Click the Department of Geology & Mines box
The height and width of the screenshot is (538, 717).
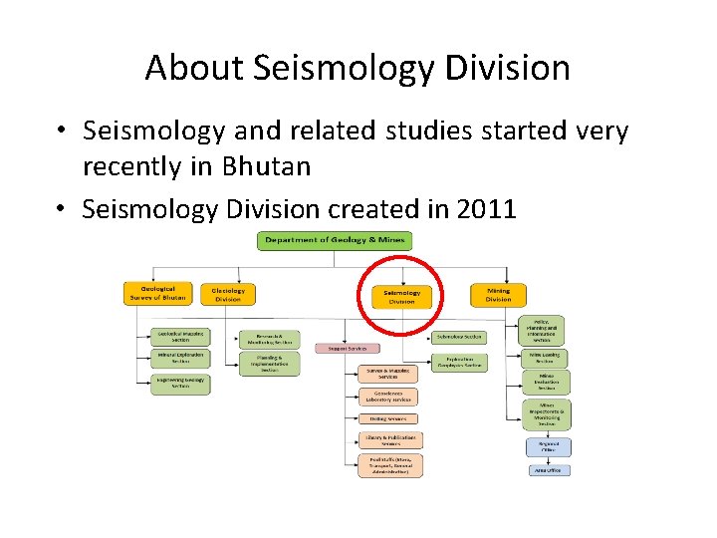(335, 240)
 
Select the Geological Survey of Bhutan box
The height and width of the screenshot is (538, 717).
(157, 294)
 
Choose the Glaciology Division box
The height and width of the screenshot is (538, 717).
(228, 295)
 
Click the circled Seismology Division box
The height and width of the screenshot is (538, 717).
(401, 296)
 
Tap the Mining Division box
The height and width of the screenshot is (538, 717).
(498, 295)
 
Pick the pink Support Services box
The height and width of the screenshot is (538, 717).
(348, 348)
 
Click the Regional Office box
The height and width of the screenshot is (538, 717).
(549, 447)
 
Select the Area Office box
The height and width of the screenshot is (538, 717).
(549, 470)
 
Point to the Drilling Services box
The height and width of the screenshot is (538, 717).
(389, 418)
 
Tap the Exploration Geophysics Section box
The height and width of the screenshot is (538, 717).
(459, 363)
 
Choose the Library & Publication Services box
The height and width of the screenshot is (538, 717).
(389, 440)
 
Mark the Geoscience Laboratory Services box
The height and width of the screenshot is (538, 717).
(389, 397)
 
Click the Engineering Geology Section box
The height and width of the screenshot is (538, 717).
(180, 384)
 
